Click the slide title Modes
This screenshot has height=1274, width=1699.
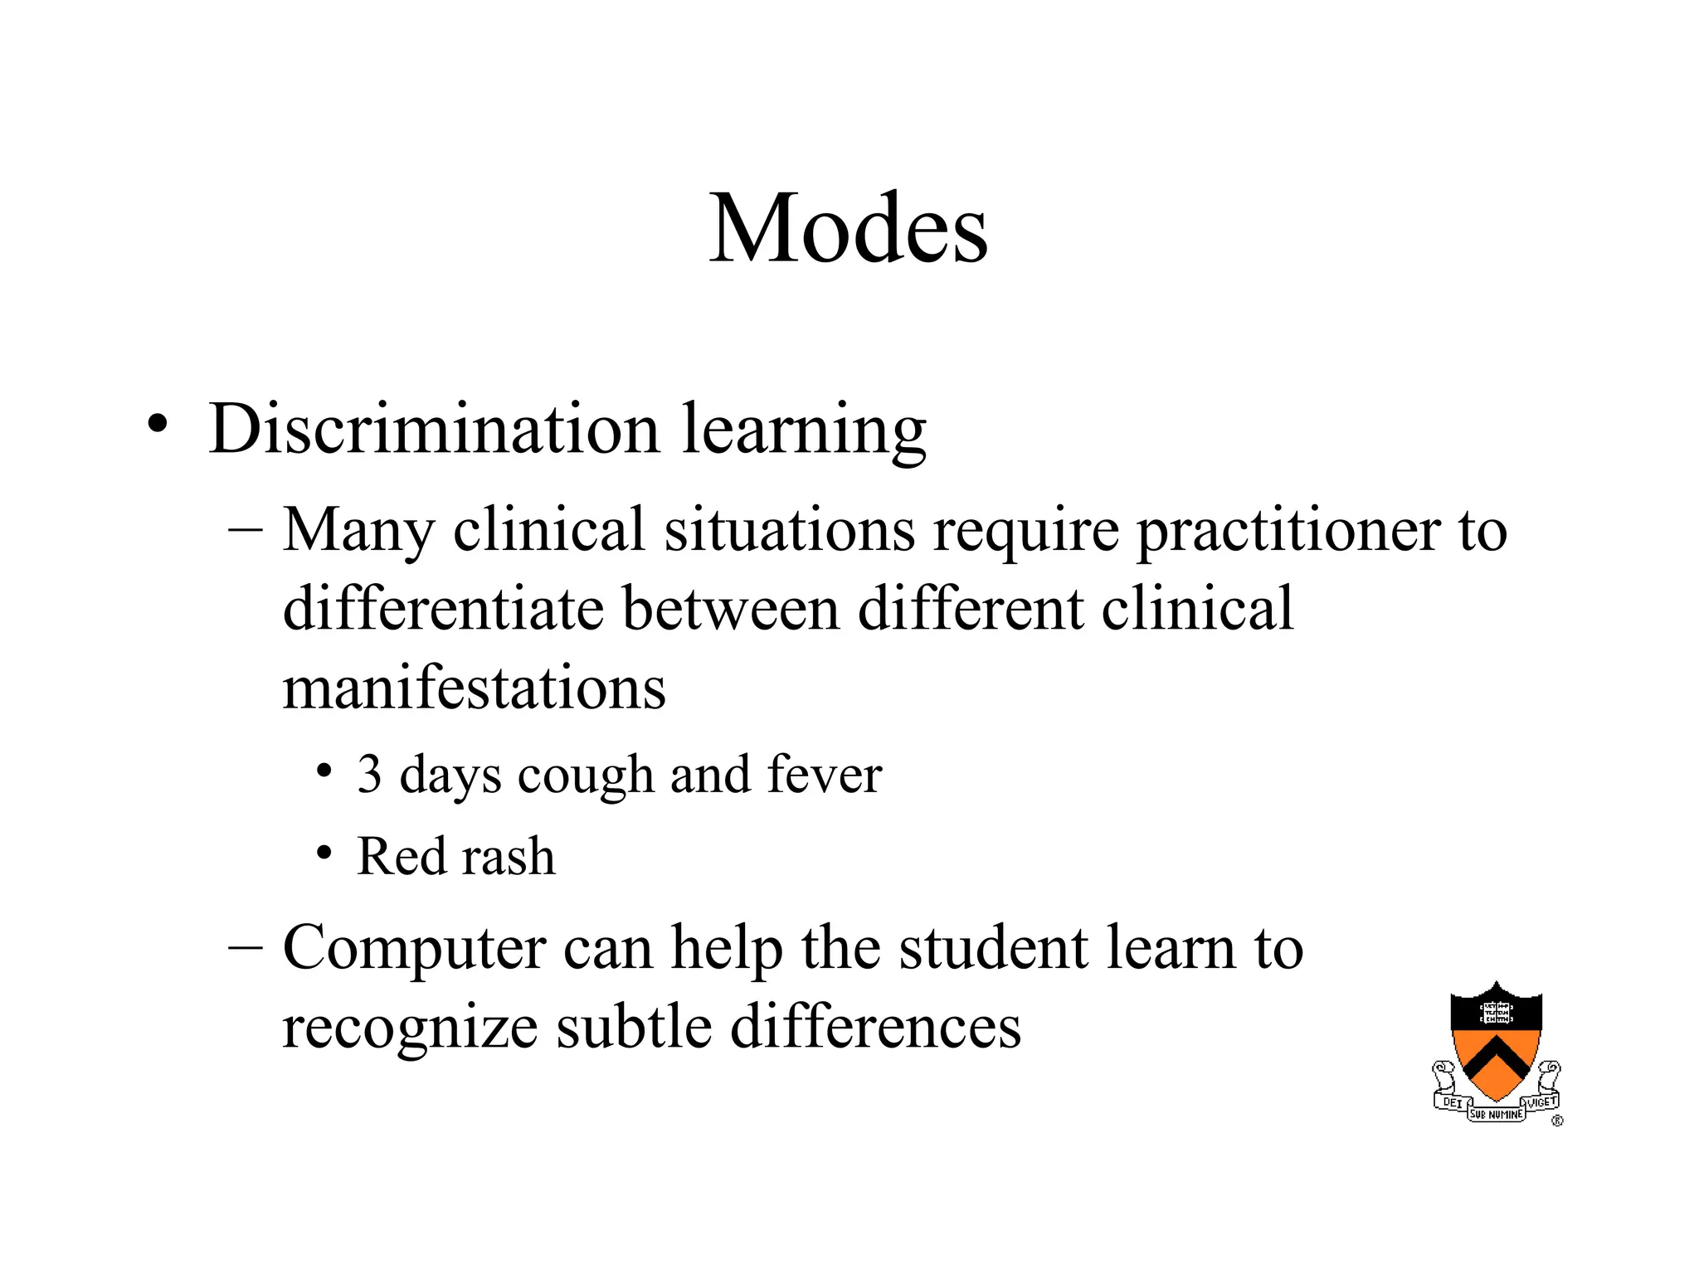click(x=848, y=229)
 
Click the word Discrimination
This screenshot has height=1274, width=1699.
click(x=434, y=430)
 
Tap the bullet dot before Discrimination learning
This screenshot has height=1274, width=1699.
click(x=158, y=424)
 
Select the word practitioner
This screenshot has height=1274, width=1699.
click(x=1287, y=531)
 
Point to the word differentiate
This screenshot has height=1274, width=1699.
click(x=443, y=609)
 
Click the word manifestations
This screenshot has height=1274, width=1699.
click(x=474, y=688)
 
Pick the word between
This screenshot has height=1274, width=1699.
click(x=730, y=609)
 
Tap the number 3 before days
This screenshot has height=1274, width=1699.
click(x=370, y=775)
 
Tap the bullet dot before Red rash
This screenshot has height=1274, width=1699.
click(x=324, y=853)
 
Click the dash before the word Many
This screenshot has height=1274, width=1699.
click(x=246, y=529)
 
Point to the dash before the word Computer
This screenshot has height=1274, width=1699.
click(x=246, y=947)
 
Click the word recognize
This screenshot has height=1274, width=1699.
click(x=410, y=1028)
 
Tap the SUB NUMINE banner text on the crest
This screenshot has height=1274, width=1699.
click(x=1497, y=1115)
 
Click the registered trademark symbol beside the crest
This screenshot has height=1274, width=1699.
click(x=1557, y=1121)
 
